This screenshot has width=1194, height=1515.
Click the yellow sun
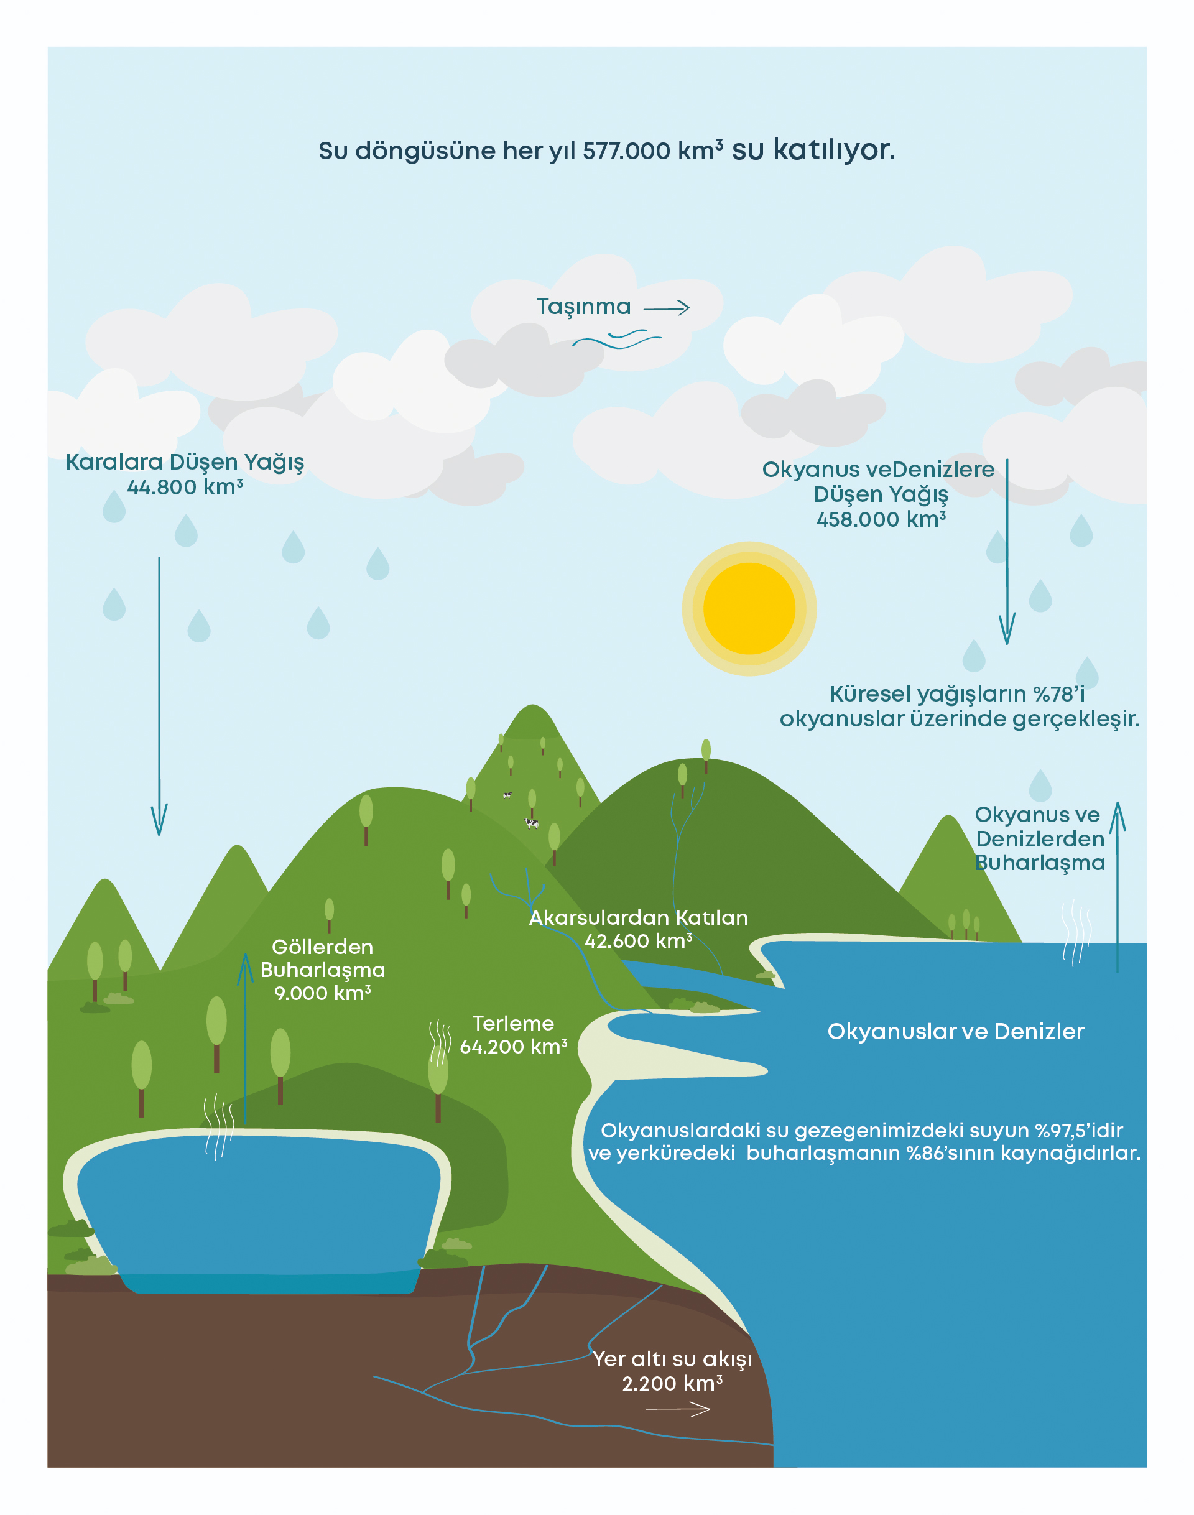tap(749, 608)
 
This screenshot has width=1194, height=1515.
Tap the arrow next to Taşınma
tap(666, 308)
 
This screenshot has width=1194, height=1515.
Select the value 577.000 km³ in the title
tap(653, 151)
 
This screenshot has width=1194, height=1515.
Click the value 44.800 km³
tap(185, 488)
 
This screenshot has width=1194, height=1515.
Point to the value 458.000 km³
tap(881, 519)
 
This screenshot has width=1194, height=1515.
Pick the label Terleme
tap(513, 1024)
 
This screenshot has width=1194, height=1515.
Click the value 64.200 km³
tap(513, 1047)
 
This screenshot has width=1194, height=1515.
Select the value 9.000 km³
tap(322, 993)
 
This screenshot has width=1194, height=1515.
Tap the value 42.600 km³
tap(638, 941)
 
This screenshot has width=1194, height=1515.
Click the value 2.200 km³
tap(672, 1384)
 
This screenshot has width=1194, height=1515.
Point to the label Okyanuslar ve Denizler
tap(955, 1031)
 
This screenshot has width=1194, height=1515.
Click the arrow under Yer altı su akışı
tap(677, 1410)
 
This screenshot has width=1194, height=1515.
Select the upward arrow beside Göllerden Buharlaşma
tap(246, 1035)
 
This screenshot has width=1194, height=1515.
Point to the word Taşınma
tap(584, 307)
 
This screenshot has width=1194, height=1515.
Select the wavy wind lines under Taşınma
tap(616, 340)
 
